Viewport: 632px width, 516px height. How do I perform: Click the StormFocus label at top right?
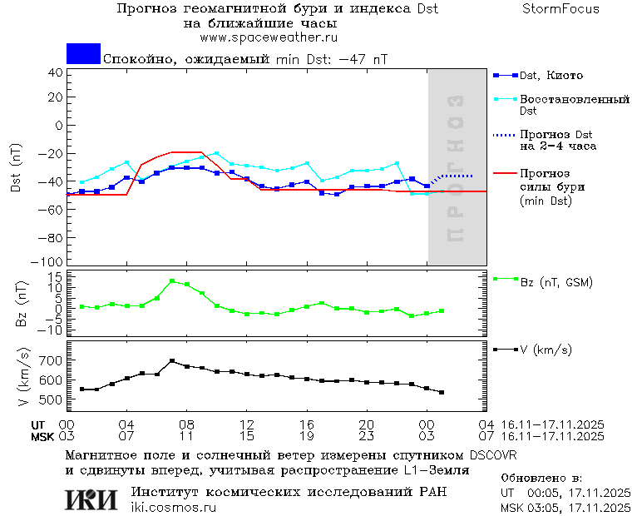click(560, 9)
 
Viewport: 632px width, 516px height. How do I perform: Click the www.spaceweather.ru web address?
click(269, 37)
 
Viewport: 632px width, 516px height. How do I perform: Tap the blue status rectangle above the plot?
click(83, 53)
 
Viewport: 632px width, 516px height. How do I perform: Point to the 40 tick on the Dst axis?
click(56, 72)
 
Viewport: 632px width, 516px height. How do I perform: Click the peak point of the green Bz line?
click(172, 281)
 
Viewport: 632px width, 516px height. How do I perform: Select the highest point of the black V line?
click(172, 361)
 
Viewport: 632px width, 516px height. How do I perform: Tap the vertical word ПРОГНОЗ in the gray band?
click(454, 169)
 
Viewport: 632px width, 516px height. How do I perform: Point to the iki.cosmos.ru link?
click(174, 507)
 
